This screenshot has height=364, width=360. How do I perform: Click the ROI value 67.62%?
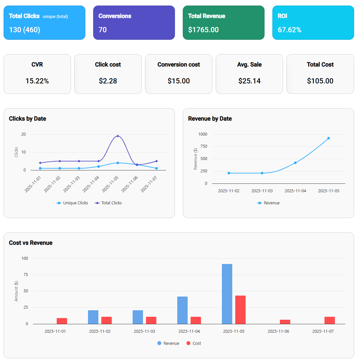(x=289, y=30)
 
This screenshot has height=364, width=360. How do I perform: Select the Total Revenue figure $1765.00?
(x=203, y=30)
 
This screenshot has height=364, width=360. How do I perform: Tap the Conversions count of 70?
(x=103, y=30)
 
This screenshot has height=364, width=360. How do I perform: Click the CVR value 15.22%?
(x=37, y=81)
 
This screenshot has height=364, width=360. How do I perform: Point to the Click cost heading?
(x=108, y=65)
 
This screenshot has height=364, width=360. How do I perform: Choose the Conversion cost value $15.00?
(x=179, y=81)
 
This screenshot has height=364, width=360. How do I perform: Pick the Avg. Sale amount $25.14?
(x=249, y=81)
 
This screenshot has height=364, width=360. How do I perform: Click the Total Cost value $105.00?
(x=320, y=81)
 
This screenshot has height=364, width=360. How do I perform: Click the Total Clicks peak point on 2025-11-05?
(x=118, y=136)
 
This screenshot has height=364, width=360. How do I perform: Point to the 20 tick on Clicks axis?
(x=23, y=134)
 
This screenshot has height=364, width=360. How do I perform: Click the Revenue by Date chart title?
(x=210, y=119)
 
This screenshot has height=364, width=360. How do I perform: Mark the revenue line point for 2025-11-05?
(x=328, y=138)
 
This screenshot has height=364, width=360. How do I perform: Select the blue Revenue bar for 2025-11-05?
(x=227, y=294)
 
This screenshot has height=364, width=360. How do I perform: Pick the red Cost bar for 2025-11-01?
(x=62, y=321)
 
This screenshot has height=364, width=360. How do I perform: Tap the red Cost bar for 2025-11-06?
(x=285, y=322)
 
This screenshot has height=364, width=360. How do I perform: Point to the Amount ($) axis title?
(x=16, y=291)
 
